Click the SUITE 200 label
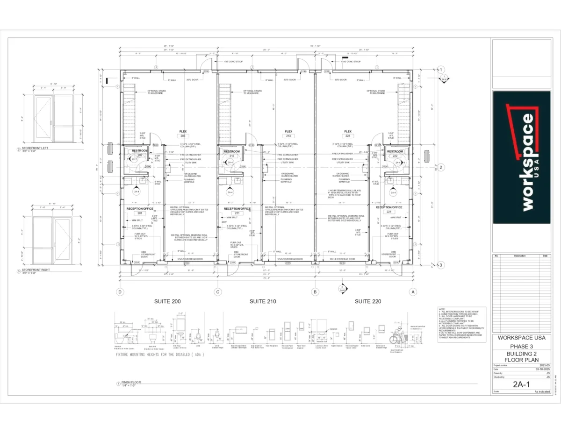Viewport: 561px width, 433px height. [167, 302]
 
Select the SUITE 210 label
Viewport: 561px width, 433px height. [263, 302]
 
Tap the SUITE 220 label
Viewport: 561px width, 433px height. [367, 302]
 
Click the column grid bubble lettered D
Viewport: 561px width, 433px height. [121, 292]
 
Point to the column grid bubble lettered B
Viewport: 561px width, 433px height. [315, 292]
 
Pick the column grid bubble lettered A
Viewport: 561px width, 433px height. [412, 292]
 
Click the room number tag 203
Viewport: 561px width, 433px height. [183, 136]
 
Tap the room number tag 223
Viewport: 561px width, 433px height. [348, 136]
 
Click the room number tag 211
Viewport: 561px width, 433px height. [237, 213]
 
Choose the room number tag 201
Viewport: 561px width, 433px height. [139, 213]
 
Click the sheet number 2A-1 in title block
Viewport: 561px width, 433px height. [520, 385]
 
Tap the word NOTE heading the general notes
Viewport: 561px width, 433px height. [441, 309]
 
